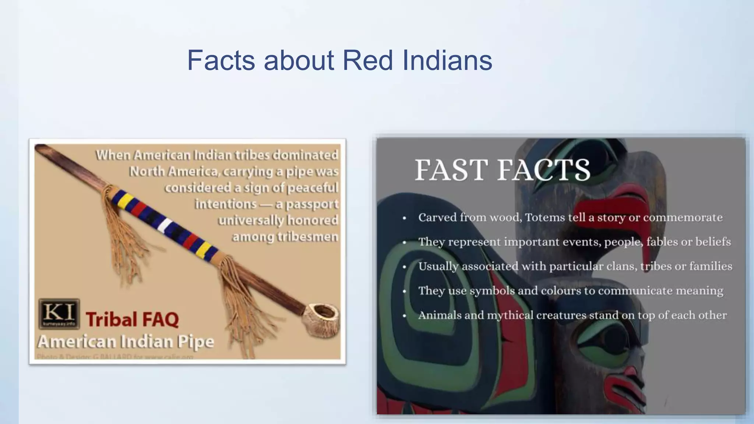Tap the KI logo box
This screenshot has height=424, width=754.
coord(59,313)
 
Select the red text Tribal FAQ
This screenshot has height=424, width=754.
coord(132,319)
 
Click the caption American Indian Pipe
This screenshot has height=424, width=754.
coord(126,342)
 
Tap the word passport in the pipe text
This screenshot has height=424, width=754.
coord(312,204)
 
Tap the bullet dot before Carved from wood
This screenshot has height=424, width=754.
coord(404,218)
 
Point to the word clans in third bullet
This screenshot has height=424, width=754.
coord(622,266)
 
